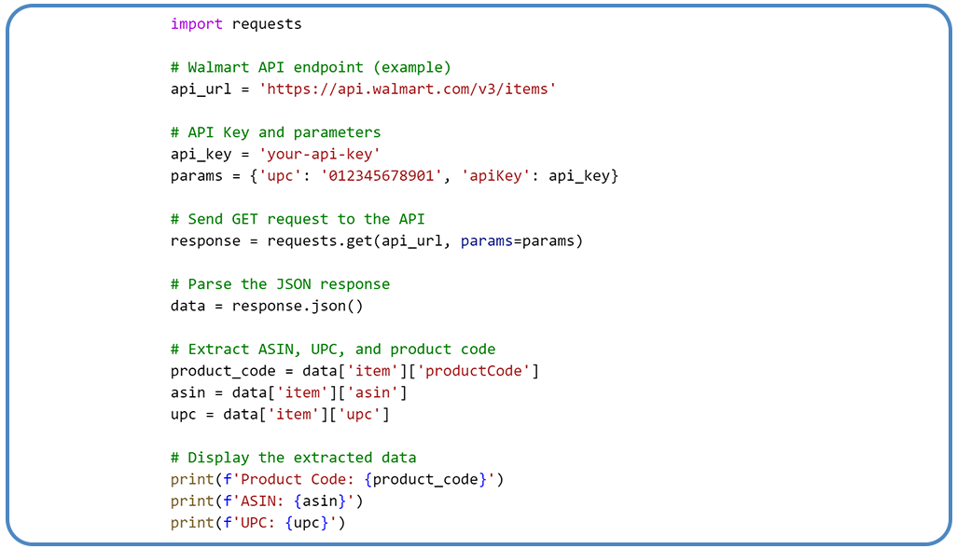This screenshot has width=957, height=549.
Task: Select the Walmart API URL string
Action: tap(408, 89)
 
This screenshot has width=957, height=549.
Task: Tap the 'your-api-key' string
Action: tap(320, 155)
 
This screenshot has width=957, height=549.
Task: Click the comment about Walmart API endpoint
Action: tap(311, 68)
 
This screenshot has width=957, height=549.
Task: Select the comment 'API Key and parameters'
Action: tap(275, 132)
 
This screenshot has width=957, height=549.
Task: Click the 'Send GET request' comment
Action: tap(298, 219)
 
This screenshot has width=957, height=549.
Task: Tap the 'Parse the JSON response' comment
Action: tap(280, 284)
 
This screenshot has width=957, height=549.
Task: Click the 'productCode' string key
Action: tap(478, 371)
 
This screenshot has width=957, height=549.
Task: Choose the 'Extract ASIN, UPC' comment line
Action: tap(333, 350)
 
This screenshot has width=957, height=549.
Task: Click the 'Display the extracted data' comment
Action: tap(293, 458)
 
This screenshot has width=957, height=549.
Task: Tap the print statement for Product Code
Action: tap(337, 479)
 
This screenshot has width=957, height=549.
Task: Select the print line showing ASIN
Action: tap(267, 501)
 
